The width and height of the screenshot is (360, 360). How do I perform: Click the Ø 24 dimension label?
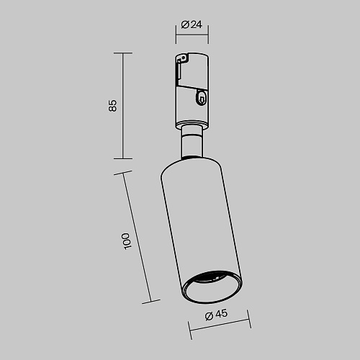(x=192, y=24)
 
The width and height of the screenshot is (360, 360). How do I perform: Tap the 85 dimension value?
(x=112, y=106)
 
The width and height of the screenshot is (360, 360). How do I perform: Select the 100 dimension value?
(x=127, y=241)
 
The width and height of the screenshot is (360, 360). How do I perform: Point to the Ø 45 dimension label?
(x=216, y=315)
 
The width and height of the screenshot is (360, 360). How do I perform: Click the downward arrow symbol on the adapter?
(x=202, y=99)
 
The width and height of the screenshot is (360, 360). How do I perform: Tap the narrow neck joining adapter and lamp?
(x=192, y=142)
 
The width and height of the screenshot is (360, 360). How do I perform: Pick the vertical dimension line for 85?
(x=123, y=106)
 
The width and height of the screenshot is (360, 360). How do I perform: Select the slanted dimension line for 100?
(x=137, y=237)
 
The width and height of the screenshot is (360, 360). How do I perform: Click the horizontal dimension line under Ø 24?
(x=192, y=35)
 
